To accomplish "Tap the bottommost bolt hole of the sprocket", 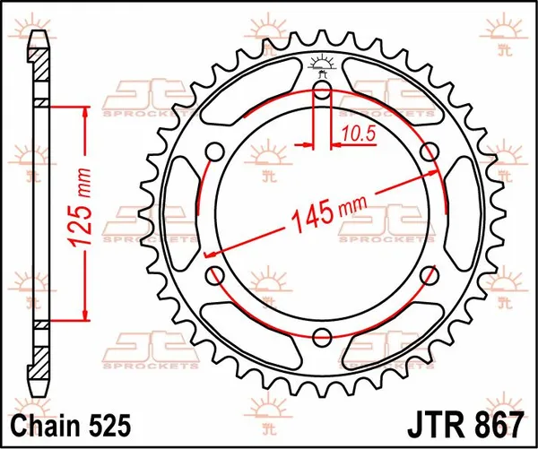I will (322, 336).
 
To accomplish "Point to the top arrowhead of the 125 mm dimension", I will (86, 110).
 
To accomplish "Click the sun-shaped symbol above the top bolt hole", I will (322, 63).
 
